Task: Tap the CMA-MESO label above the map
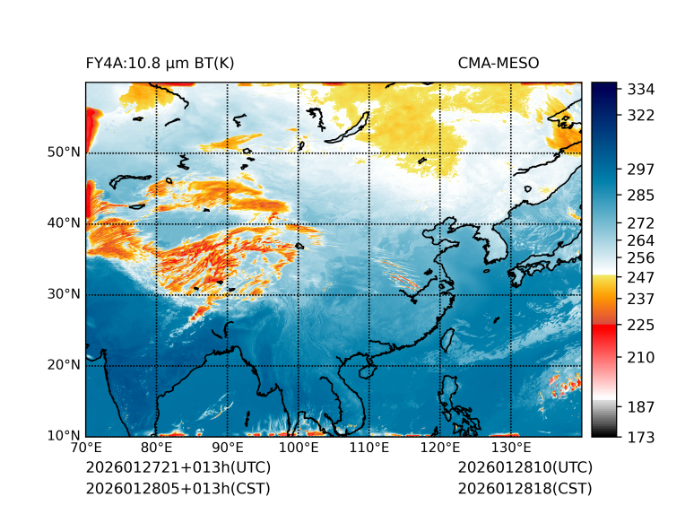point(499,63)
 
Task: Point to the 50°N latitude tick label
point(64,152)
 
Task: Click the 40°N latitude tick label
point(64,223)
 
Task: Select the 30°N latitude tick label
point(64,294)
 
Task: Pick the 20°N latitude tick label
point(64,365)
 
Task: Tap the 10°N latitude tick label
point(64,436)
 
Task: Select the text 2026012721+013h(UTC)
point(178,468)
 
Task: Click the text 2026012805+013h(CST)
point(178,489)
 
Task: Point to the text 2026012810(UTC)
point(525,468)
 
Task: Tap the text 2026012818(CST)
point(525,489)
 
